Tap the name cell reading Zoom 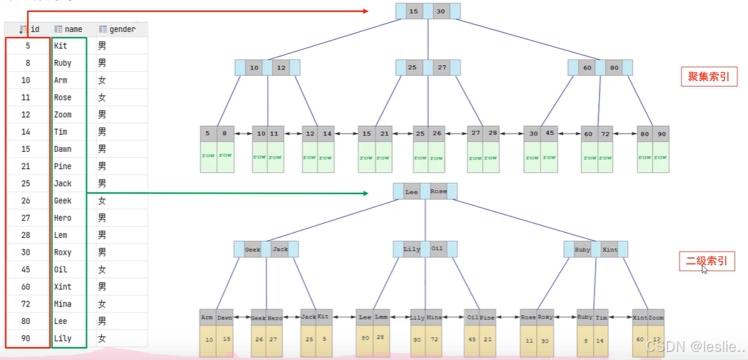(63, 115)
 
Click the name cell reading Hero (63, 218)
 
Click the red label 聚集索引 (708, 77)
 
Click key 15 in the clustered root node (414, 12)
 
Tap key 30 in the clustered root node (441, 12)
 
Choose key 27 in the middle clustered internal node (442, 68)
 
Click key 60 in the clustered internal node (587, 68)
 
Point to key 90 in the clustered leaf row (661, 134)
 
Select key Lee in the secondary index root (412, 192)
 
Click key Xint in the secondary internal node (609, 249)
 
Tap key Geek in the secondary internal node (253, 249)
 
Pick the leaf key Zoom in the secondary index (656, 317)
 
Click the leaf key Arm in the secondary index (208, 317)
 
